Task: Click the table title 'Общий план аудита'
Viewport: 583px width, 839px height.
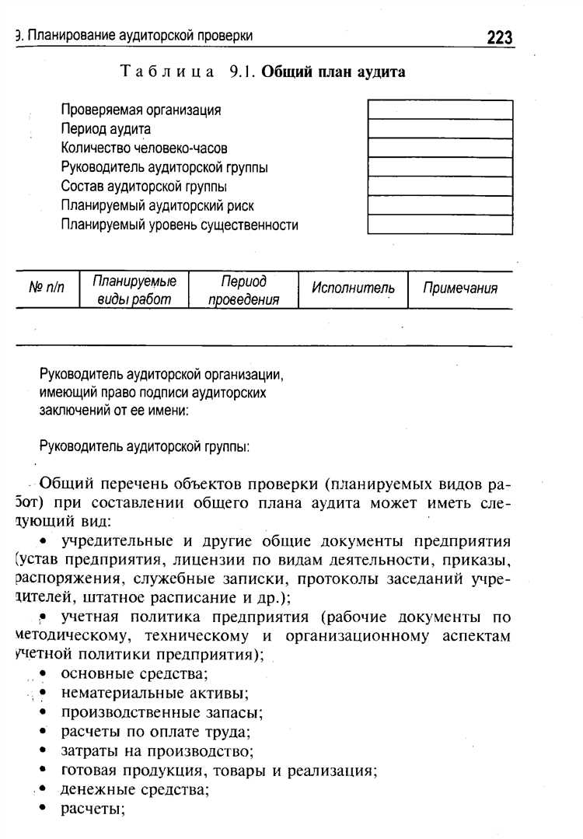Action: pos(333,72)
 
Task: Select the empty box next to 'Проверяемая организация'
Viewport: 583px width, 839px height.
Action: pos(440,110)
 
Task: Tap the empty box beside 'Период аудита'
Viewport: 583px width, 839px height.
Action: pos(440,129)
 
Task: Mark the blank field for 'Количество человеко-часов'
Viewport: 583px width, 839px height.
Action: pos(440,148)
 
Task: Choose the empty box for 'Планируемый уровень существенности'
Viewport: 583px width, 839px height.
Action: pos(440,225)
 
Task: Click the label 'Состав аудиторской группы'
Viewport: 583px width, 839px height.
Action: pos(144,187)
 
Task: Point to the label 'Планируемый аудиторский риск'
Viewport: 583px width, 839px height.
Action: pos(157,206)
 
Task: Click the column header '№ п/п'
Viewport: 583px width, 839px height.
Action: pos(47,289)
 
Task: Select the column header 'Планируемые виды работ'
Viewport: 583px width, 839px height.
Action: pos(134,290)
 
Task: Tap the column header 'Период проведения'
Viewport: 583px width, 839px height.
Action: pos(243,290)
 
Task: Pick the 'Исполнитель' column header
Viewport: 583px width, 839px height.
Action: pos(353,288)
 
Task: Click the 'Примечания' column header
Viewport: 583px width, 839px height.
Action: pos(459,288)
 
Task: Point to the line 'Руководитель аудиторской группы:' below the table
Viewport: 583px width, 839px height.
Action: pos(144,447)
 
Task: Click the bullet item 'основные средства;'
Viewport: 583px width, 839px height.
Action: pos(134,673)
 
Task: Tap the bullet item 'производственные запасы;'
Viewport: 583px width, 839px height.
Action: pos(162,711)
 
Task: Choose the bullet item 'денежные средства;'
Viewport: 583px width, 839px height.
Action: pos(135,790)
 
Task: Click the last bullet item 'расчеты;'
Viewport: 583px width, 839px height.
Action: pos(93,809)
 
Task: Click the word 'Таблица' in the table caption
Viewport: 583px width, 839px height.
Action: pos(168,72)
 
